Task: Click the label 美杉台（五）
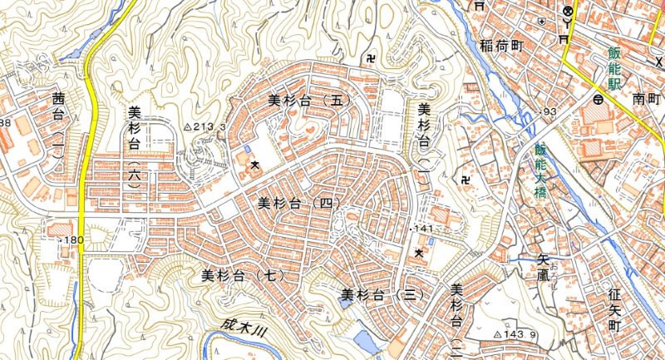(x=310, y=100)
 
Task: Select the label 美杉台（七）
(x=244, y=274)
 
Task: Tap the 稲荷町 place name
(x=500, y=47)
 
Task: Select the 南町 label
(x=644, y=99)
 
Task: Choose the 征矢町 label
(x=615, y=312)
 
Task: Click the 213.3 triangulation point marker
(x=187, y=127)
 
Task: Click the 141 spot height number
(x=425, y=228)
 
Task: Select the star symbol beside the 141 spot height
(x=419, y=252)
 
